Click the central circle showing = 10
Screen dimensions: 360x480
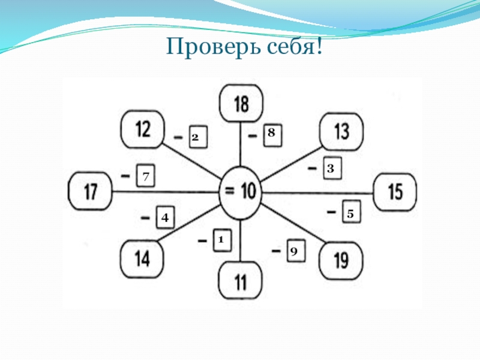click(x=240, y=191)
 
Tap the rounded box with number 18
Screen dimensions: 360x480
click(x=240, y=104)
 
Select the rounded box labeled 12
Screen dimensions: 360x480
click(x=143, y=128)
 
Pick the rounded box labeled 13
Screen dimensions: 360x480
click(x=341, y=131)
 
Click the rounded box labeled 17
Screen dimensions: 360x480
click(x=91, y=192)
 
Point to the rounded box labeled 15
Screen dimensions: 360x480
click(x=395, y=192)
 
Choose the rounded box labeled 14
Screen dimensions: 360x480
click(x=142, y=259)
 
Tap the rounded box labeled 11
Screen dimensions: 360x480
click(x=240, y=281)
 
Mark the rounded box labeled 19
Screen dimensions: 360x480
click(x=341, y=260)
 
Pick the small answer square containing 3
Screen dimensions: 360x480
click(x=331, y=169)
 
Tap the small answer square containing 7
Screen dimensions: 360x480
click(x=145, y=176)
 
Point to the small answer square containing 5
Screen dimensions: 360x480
click(x=351, y=212)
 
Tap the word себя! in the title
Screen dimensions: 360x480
click(x=292, y=46)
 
